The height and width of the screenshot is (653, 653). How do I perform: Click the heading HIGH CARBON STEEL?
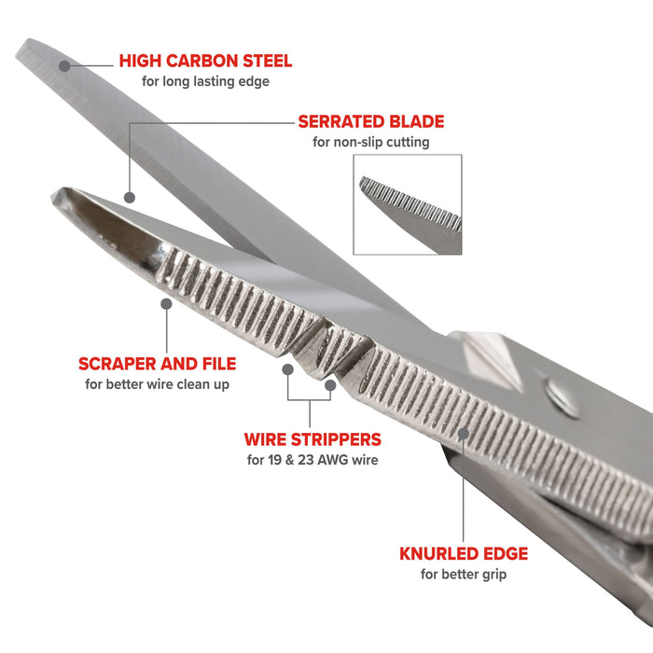tap(205, 62)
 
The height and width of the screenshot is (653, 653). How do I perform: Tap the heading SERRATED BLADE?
tap(370, 122)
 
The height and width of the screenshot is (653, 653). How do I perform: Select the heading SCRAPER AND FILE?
tap(157, 364)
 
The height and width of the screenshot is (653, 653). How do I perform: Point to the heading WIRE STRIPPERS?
tap(313, 438)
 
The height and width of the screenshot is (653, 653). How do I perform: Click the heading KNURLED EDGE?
tap(464, 554)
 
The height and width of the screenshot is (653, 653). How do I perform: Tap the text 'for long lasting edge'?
tap(205, 82)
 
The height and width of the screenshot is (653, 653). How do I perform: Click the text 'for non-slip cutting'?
tap(370, 143)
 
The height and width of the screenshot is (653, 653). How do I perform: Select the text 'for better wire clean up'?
tap(157, 384)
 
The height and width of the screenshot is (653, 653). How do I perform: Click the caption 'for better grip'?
tap(464, 575)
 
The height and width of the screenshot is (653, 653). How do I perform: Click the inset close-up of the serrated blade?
tap(408, 204)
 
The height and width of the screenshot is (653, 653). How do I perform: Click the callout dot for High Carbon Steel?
tap(63, 65)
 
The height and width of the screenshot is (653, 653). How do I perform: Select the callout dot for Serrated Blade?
tap(130, 198)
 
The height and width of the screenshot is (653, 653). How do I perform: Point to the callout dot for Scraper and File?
tap(166, 303)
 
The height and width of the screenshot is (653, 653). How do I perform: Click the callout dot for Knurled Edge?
tap(464, 432)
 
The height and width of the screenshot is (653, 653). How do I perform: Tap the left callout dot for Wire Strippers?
tap(288, 369)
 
